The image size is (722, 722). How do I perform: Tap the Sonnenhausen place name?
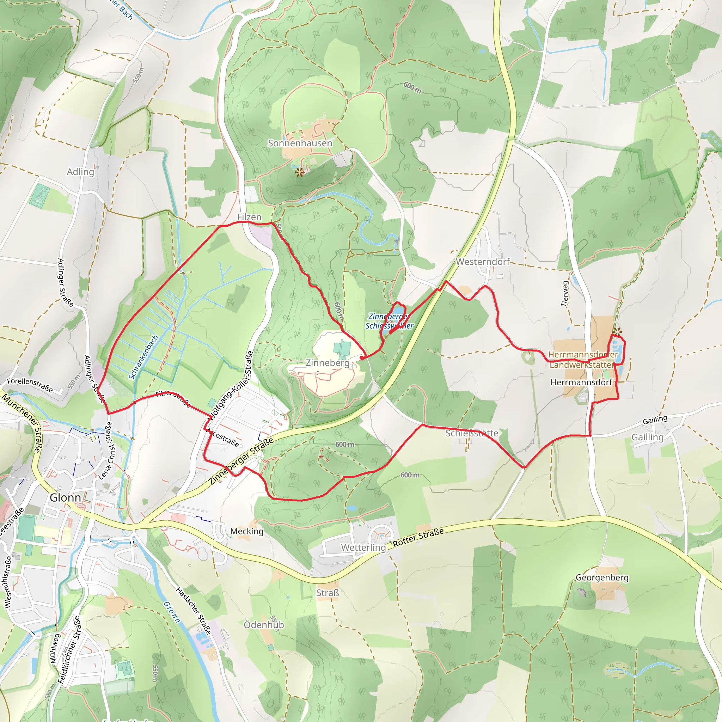coord(300,143)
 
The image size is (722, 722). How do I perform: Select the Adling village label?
coord(80,172)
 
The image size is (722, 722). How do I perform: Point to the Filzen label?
coord(249,217)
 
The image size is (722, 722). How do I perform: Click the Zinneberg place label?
coord(328,363)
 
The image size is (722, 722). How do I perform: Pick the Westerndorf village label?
coord(483,262)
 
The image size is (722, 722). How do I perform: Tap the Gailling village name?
coord(647,437)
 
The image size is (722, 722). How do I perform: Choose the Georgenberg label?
coord(602,577)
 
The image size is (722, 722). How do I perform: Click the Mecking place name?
coord(247,531)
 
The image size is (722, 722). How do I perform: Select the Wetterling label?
coord(363,547)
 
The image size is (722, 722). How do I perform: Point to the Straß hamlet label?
coord(328,593)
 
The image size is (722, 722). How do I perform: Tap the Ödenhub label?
coord(263,625)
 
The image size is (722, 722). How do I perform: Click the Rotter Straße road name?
coord(418,537)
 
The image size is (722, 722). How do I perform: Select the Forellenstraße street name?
coord(30,385)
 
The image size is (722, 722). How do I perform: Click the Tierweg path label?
coord(565,294)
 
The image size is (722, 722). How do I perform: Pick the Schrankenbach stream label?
coord(143,357)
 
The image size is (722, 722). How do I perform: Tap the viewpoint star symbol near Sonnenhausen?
coord(299,172)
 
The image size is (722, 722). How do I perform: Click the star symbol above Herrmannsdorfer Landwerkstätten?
coord(617,331)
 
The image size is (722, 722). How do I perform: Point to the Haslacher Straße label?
coord(193,611)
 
